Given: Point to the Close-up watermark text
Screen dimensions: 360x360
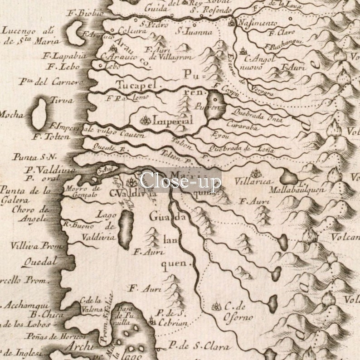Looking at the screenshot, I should [x=180, y=180].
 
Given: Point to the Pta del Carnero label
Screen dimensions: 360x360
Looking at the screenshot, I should [x=51, y=82].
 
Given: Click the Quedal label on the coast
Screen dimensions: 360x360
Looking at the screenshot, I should [x=40, y=262].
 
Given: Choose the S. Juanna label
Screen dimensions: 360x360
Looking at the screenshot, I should [x=194, y=32].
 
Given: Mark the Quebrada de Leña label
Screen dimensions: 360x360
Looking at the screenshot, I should [x=241, y=149].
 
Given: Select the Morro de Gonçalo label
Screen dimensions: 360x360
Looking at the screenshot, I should [x=82, y=191].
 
